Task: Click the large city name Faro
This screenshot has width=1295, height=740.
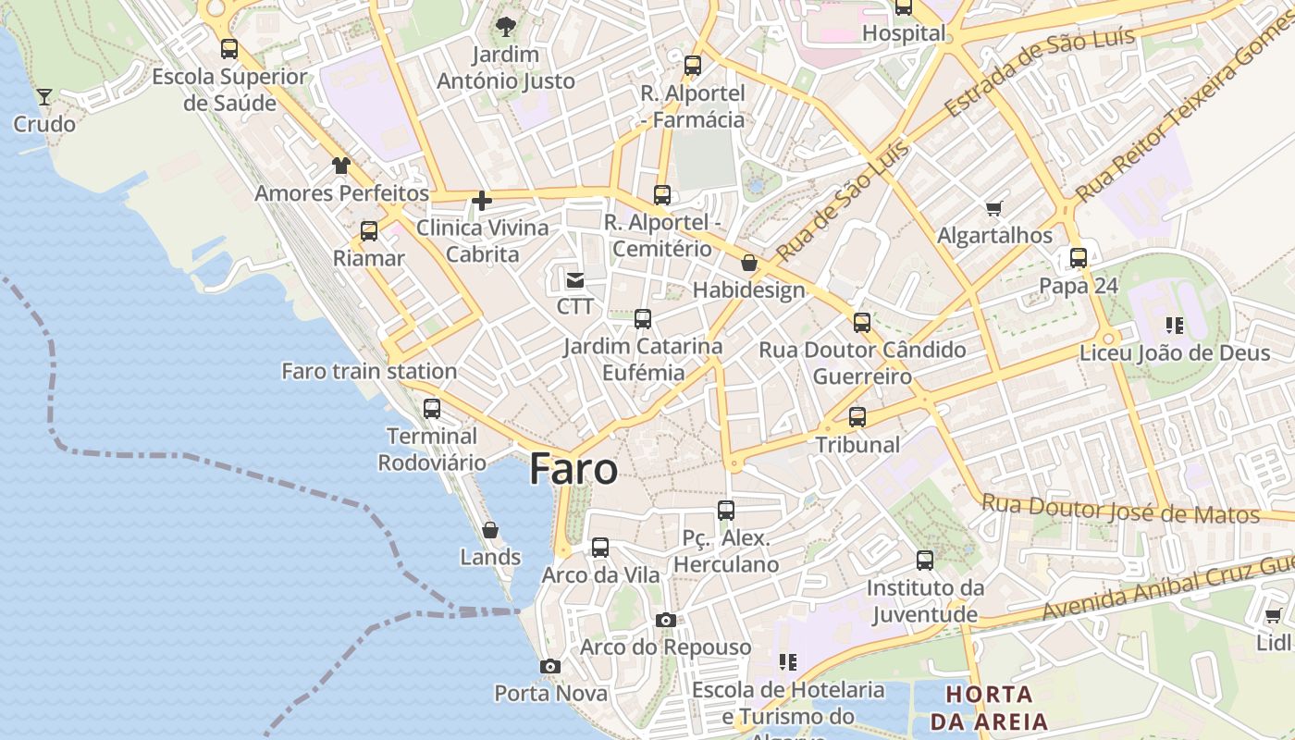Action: (573, 469)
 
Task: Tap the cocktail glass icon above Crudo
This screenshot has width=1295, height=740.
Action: (43, 96)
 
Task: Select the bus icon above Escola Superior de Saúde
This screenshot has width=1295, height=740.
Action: (228, 49)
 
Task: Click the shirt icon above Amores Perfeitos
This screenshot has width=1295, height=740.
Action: (341, 166)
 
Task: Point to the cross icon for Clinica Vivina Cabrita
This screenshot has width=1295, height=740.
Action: (481, 200)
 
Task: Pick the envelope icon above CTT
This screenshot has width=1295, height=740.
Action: (574, 278)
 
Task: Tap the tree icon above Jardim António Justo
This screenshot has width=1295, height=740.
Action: (505, 26)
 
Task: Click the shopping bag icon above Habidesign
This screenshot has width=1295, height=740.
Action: (749, 264)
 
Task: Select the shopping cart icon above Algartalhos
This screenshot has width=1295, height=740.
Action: (994, 208)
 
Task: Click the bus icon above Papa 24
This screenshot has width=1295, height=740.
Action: (1078, 258)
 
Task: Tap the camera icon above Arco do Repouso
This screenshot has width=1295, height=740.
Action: (665, 620)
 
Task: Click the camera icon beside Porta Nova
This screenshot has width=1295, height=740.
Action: (550, 666)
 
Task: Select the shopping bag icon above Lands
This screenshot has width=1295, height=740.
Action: (490, 530)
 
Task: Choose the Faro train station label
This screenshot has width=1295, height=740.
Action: (369, 371)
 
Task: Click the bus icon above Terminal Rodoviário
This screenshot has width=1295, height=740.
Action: (432, 408)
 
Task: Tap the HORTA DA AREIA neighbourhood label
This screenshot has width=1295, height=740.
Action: (989, 708)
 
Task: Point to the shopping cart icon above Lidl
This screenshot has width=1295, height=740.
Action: (1273, 615)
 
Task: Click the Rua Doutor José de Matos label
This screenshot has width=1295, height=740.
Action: (1120, 510)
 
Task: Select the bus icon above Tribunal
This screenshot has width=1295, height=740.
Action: (857, 417)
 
